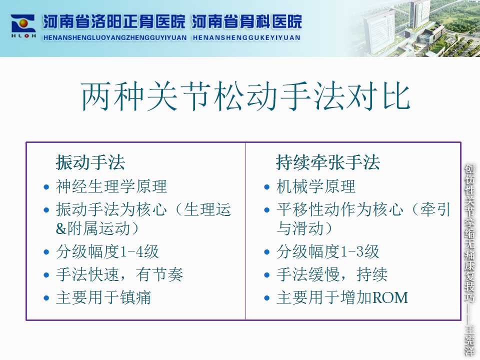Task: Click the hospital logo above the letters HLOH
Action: [23, 23]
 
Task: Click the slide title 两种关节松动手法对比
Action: [245, 96]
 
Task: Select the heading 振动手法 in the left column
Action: [90, 162]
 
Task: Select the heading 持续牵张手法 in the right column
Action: [328, 162]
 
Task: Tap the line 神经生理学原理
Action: [111, 186]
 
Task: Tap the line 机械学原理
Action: [316, 186]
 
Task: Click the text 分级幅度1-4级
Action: [107, 252]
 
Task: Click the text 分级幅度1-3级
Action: [327, 252]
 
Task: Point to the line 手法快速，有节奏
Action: [119, 274]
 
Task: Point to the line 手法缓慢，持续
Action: [332, 274]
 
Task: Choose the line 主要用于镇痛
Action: [103, 297]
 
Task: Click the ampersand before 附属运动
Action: [61, 228]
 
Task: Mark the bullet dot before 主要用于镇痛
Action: [46, 298]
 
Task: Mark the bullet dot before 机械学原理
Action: [267, 187]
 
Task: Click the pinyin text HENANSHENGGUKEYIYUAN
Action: [246, 37]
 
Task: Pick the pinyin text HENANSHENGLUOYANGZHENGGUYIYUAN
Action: [115, 37]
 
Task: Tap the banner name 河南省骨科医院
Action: [246, 22]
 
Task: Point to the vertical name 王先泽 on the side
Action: [469, 340]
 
